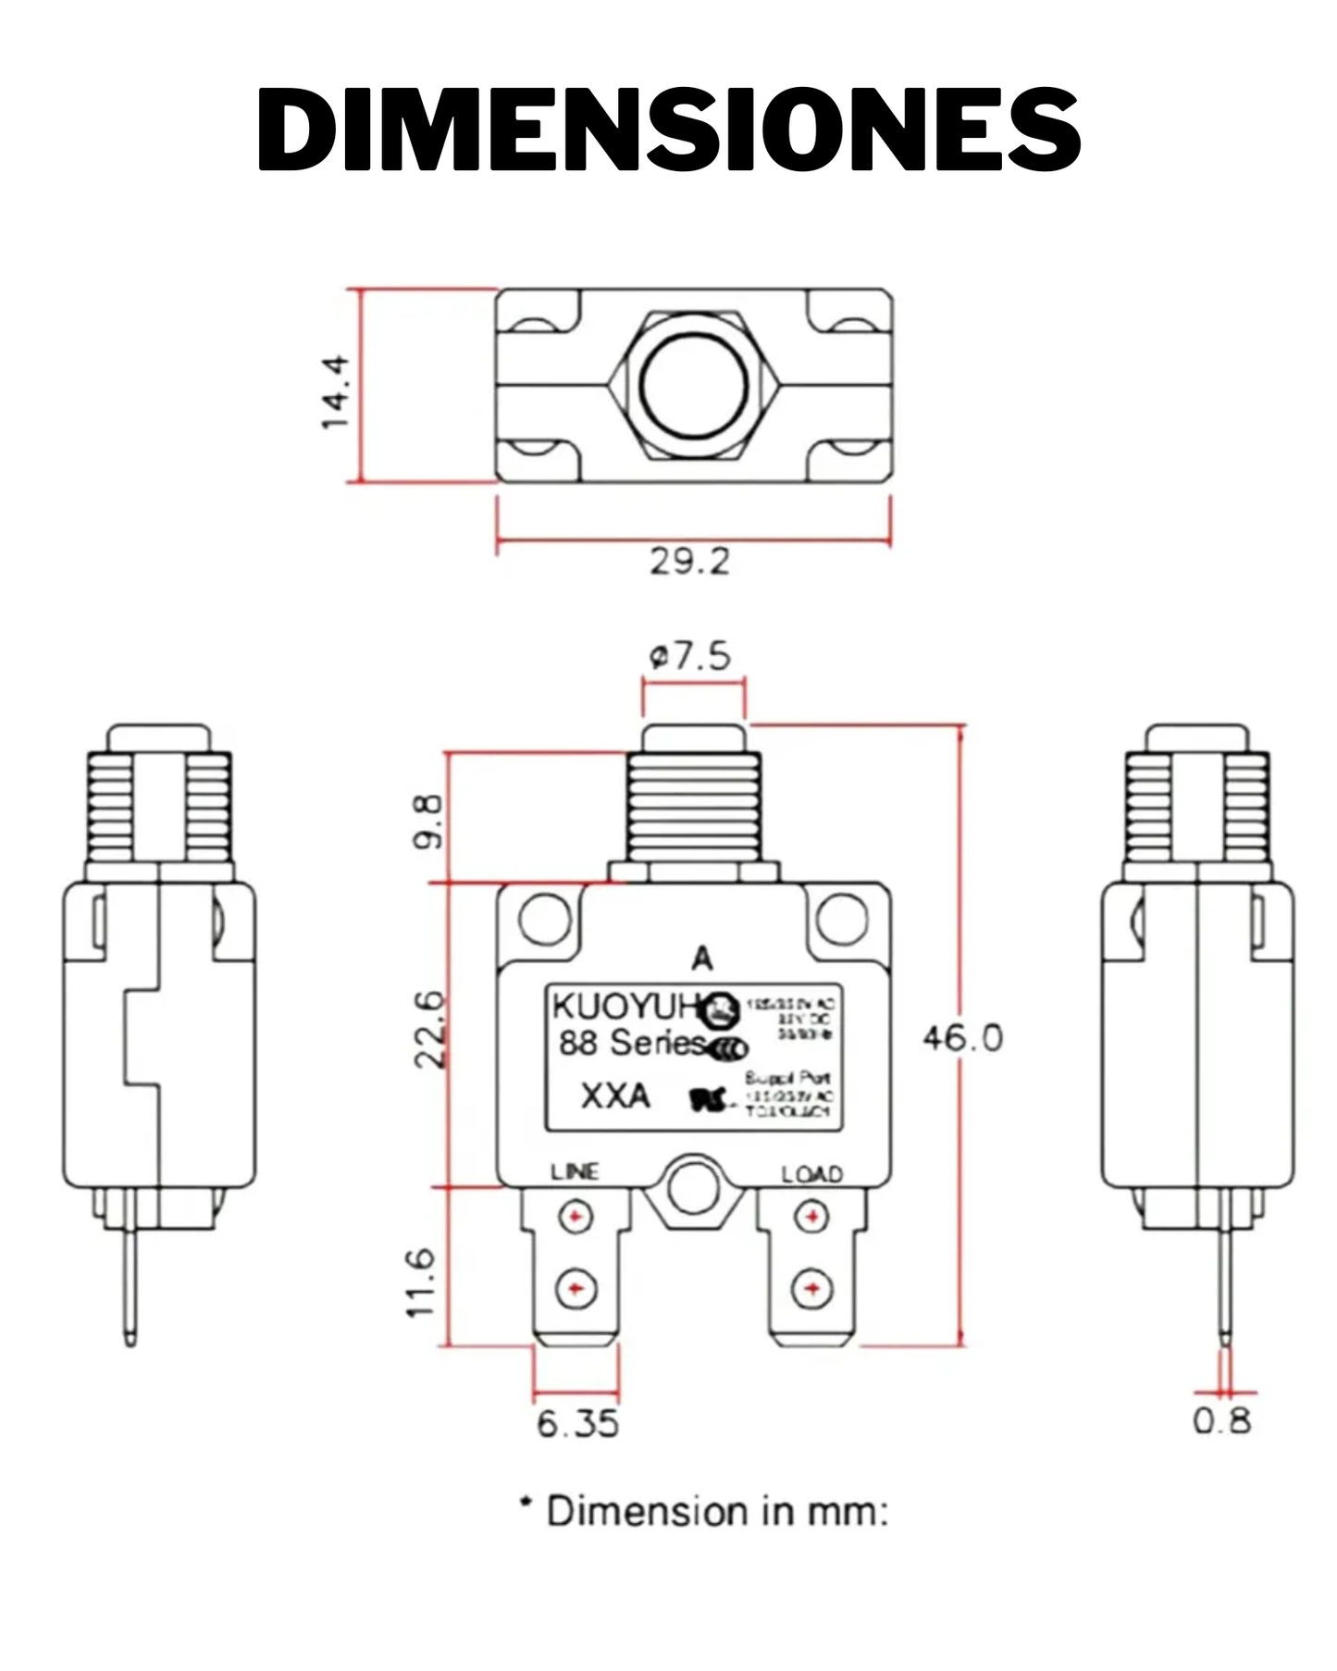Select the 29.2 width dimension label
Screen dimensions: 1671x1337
[689, 561]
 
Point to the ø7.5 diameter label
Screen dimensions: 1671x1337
[690, 656]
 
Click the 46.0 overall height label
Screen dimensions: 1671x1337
[962, 1038]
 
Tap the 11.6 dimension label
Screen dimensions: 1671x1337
[421, 1282]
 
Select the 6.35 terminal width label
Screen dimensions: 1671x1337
[577, 1423]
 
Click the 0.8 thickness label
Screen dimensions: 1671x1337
[1221, 1420]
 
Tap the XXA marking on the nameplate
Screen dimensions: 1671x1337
[615, 1095]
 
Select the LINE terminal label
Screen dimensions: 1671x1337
[575, 1171]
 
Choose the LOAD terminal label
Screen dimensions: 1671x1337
[811, 1174]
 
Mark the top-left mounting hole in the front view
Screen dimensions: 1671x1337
[545, 918]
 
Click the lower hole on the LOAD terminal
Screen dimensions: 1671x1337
[811, 1288]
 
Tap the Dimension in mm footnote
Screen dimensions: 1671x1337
[703, 1511]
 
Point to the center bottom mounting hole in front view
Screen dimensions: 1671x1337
[693, 1189]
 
